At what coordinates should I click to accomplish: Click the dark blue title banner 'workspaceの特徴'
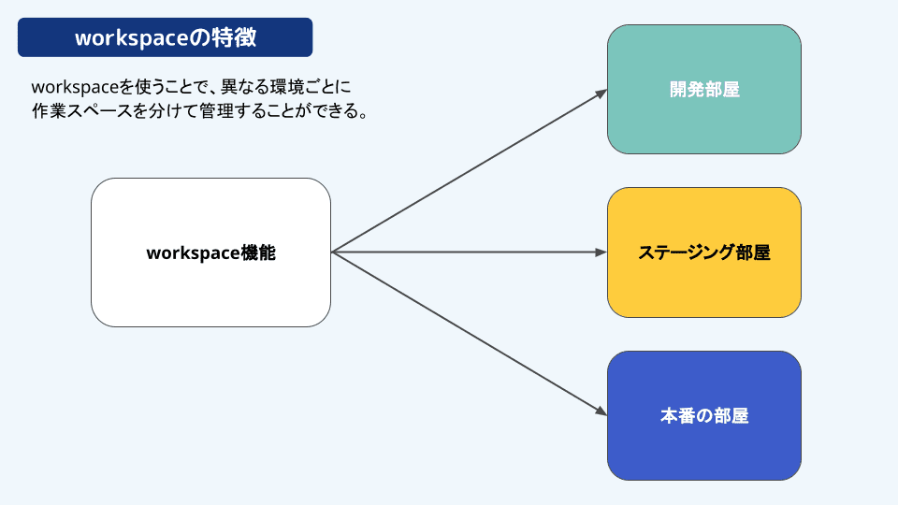165,38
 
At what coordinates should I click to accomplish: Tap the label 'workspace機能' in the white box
211,252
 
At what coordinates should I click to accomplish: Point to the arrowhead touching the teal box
601,92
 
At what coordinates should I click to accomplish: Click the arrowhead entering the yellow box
601,252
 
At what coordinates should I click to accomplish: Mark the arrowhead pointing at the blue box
601,412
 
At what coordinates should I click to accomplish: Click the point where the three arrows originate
332,252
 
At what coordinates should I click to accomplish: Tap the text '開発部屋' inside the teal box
704,90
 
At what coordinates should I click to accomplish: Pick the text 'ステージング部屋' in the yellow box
704,252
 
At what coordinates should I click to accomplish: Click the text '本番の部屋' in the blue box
704,416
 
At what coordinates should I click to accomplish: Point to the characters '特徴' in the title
237,38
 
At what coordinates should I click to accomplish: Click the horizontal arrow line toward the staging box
468,252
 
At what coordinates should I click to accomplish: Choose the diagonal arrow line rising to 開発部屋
468,171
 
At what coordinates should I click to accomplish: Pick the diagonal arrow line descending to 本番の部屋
468,333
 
